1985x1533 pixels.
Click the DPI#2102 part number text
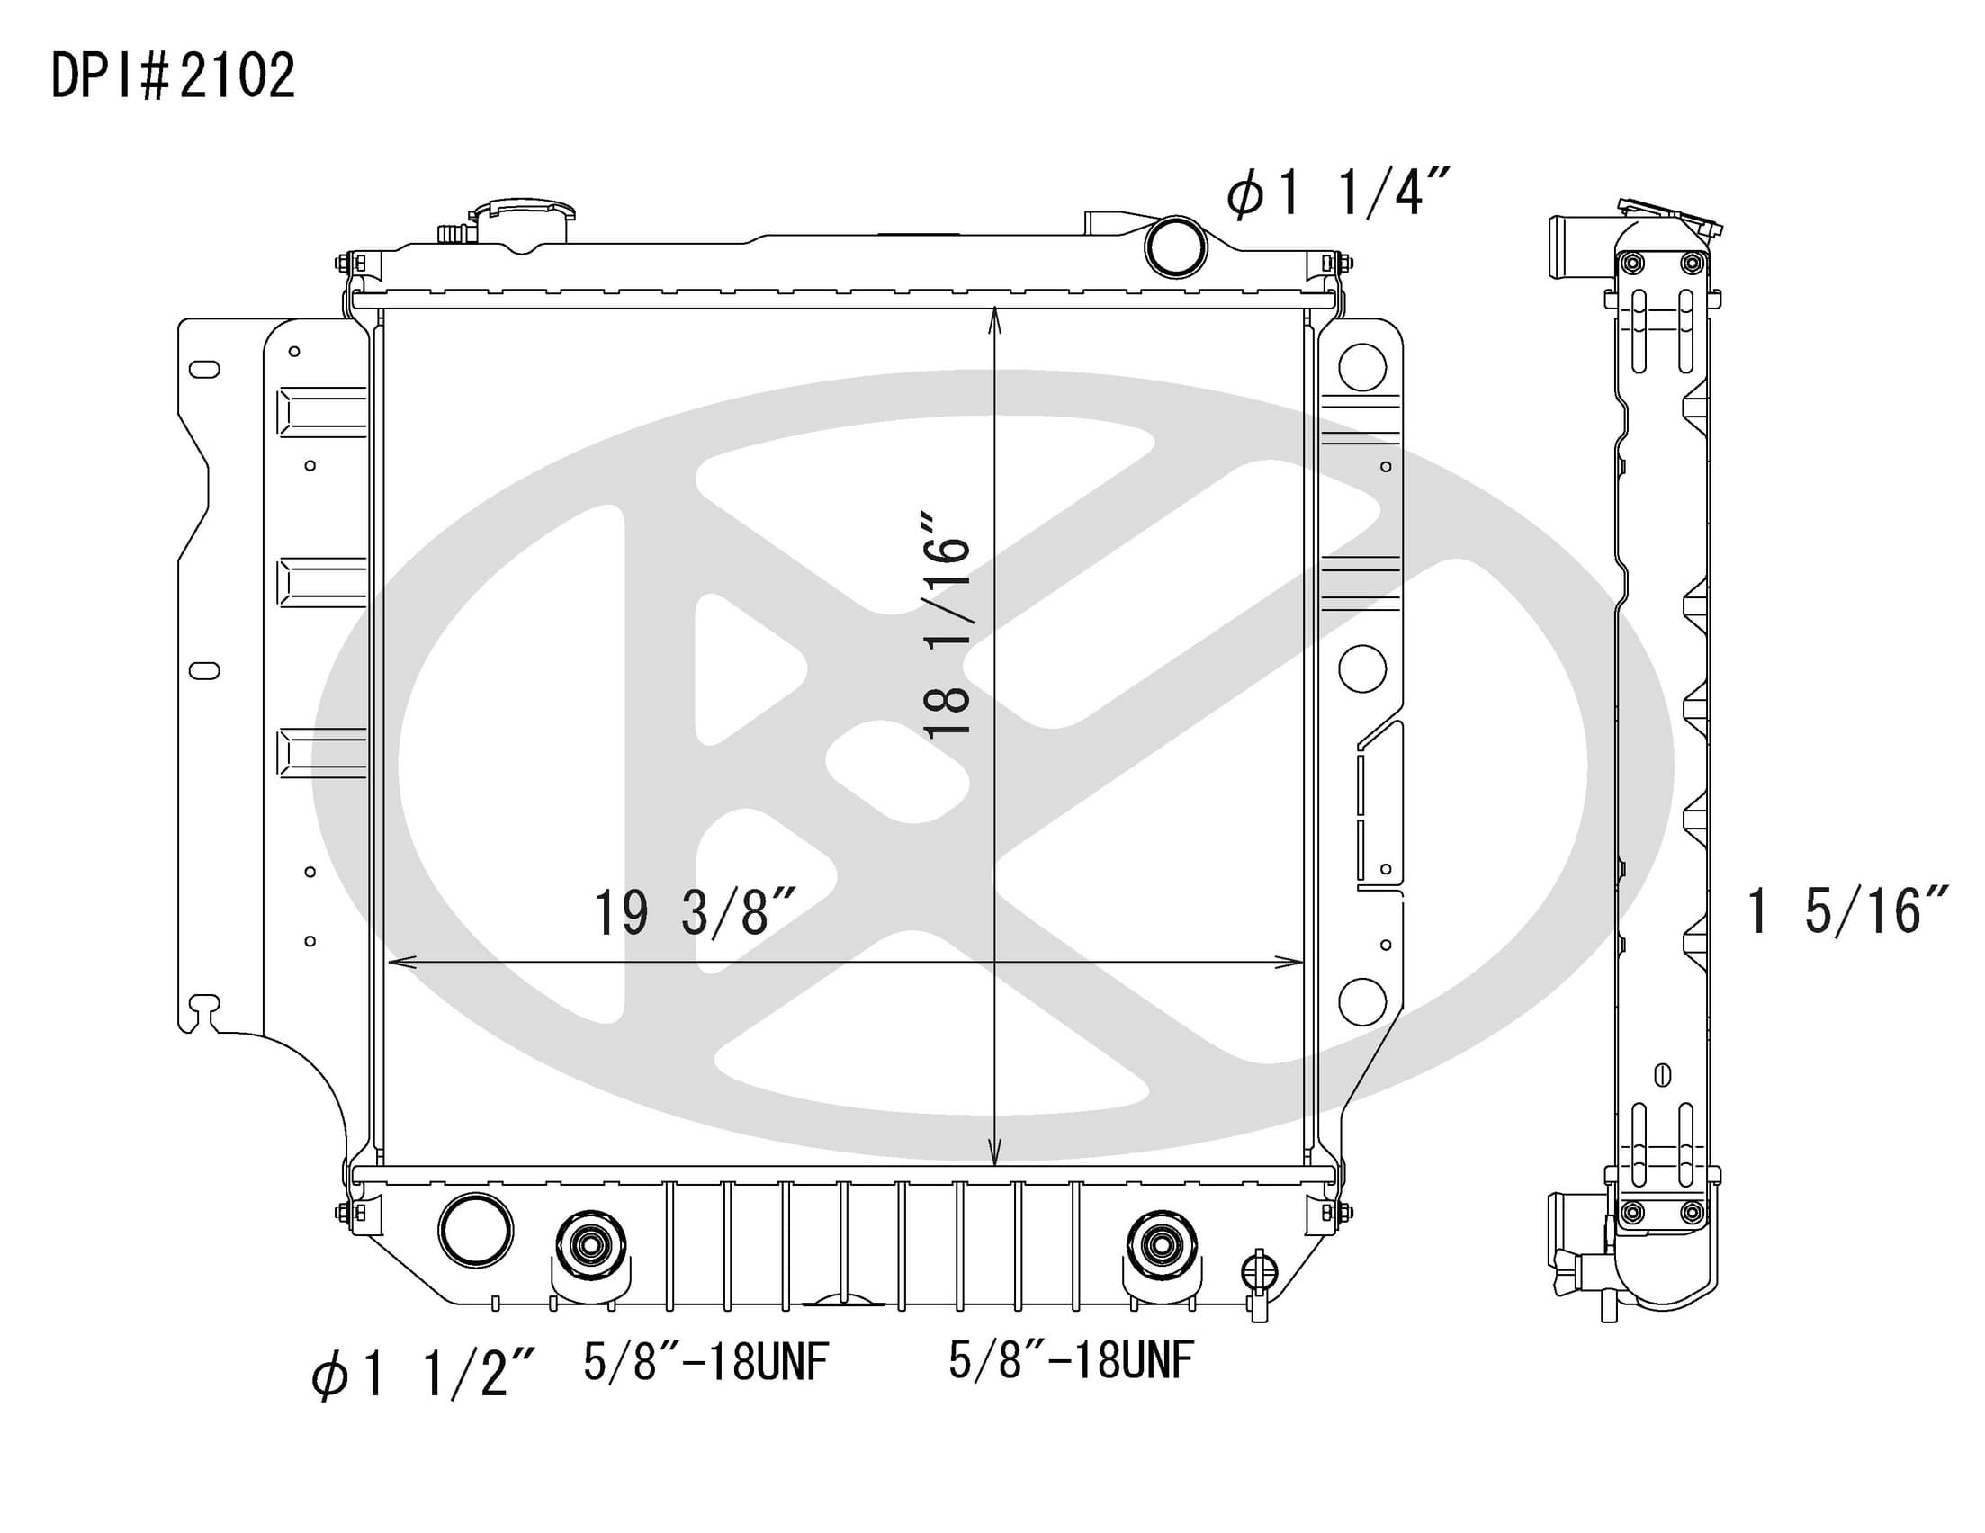[x=173, y=76]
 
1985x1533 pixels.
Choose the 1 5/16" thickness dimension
[x=1847, y=910]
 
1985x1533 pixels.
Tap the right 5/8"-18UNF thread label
[x=1071, y=1360]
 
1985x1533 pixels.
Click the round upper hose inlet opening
[x=1175, y=247]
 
